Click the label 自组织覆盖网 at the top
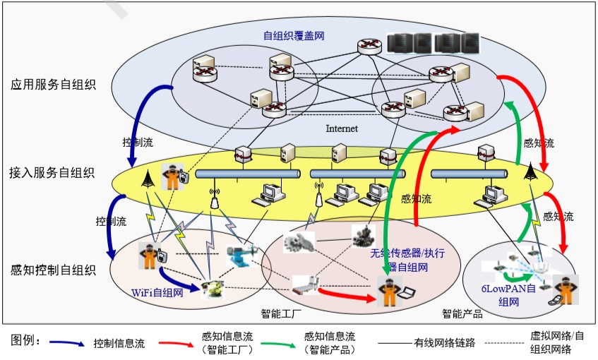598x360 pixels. point(294,35)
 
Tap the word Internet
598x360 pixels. point(342,128)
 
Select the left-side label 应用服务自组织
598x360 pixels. point(54,85)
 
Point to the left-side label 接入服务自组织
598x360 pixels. point(54,172)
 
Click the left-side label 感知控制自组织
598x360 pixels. point(54,270)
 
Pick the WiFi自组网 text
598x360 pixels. point(157,292)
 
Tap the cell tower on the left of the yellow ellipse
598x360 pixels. point(148,178)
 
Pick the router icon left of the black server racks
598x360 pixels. point(369,46)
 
